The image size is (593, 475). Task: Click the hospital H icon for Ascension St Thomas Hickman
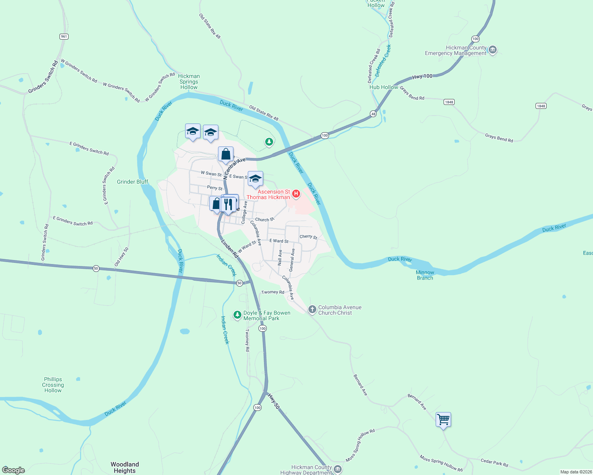click(296, 194)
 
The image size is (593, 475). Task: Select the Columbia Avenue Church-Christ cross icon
click(312, 309)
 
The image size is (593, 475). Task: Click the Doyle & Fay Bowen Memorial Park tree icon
click(237, 315)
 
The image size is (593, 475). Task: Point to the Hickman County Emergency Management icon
click(493, 50)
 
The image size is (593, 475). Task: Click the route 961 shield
click(64, 36)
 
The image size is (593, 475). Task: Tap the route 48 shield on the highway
click(373, 114)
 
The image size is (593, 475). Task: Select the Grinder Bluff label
click(132, 182)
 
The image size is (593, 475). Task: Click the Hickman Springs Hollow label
click(189, 82)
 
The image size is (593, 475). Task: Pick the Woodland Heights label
click(124, 467)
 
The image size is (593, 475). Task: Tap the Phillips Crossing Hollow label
click(53, 385)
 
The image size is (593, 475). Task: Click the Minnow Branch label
click(425, 275)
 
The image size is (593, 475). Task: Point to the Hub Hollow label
click(383, 87)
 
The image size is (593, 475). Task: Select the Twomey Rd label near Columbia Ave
click(273, 292)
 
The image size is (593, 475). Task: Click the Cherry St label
click(308, 237)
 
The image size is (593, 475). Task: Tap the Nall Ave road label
click(280, 257)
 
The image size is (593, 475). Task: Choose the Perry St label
click(215, 188)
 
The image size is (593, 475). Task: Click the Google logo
click(13, 470)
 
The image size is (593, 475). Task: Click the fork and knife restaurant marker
click(228, 204)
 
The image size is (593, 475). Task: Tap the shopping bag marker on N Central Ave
click(226, 154)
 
